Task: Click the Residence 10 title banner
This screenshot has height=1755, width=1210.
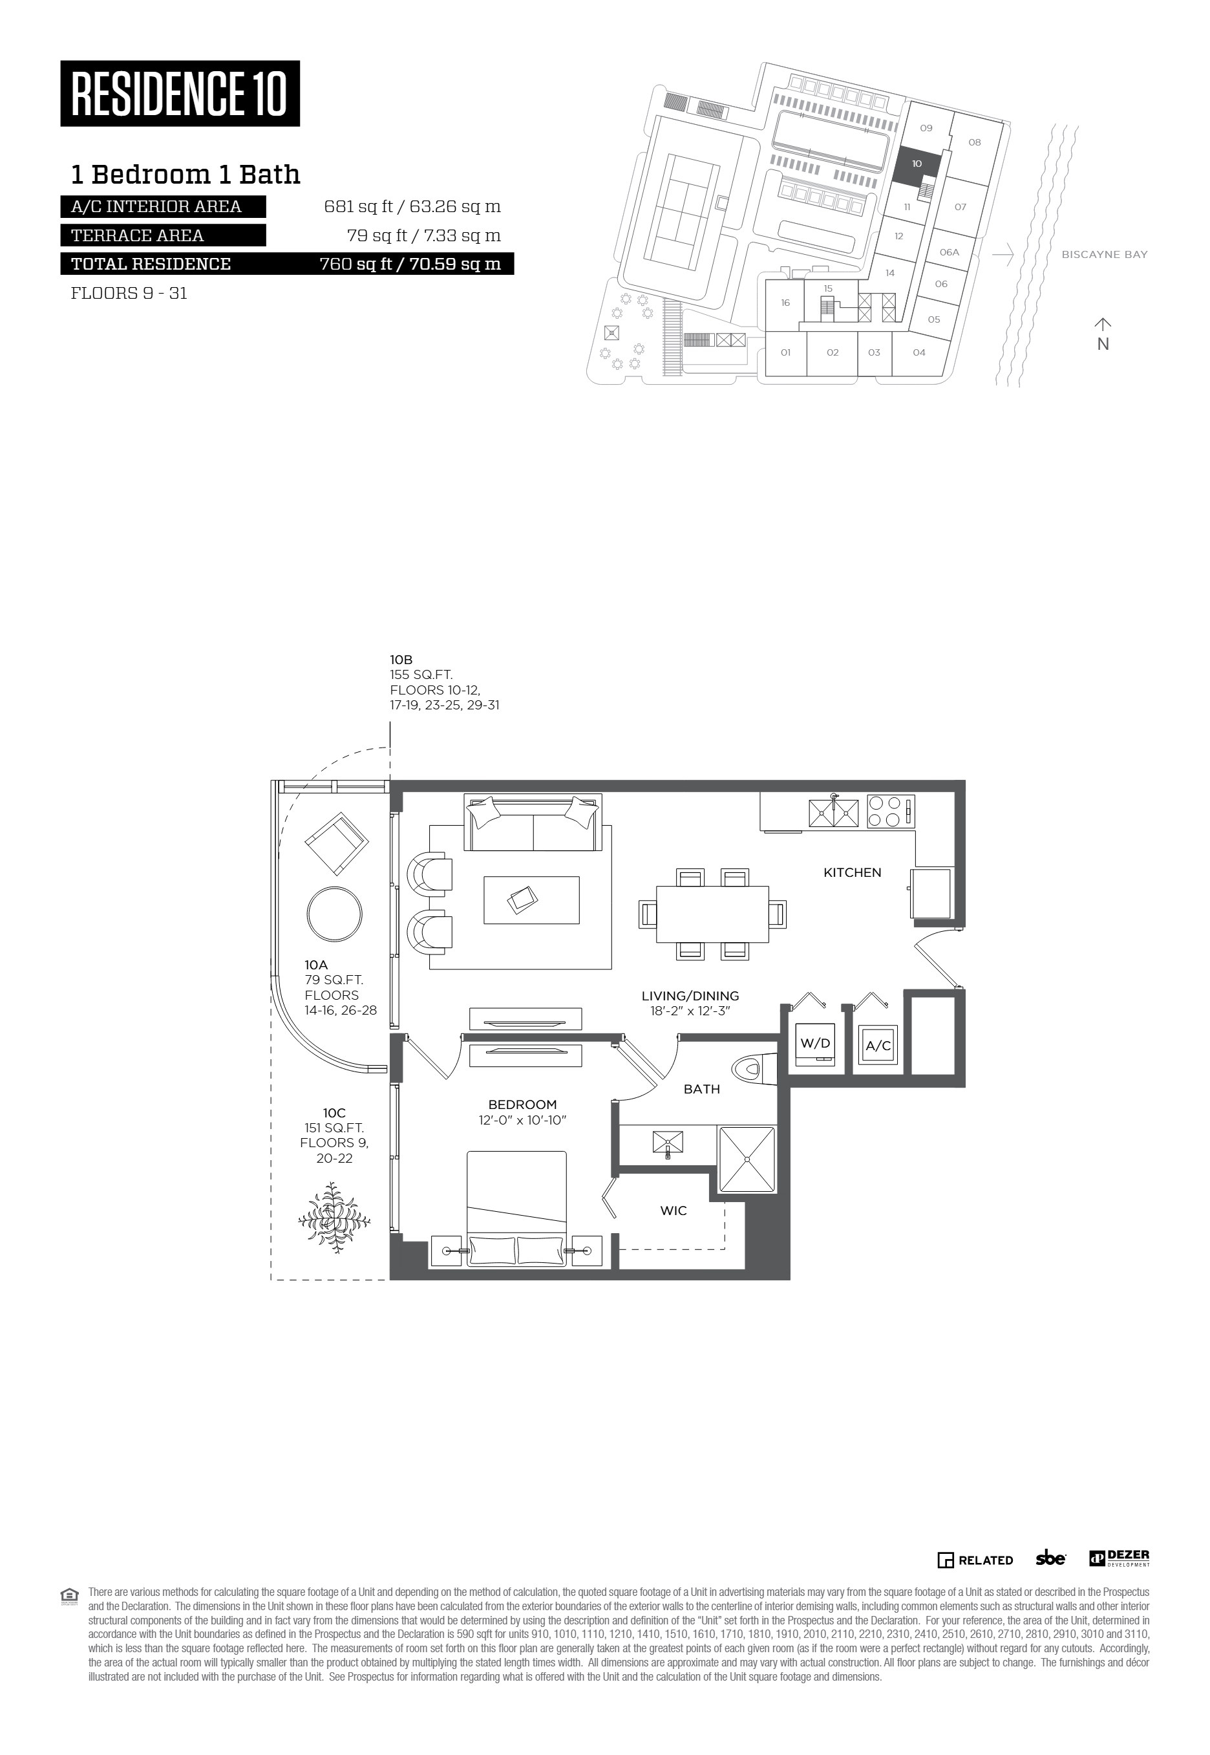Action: (x=180, y=93)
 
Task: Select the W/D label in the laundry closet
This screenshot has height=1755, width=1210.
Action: (x=815, y=1043)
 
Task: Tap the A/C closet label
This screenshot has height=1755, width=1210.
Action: (x=878, y=1046)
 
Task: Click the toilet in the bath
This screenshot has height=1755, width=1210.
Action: (x=756, y=1070)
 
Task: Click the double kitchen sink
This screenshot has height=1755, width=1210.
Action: (x=834, y=812)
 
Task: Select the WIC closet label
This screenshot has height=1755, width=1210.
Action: (x=674, y=1211)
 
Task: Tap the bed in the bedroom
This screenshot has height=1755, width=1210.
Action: (x=516, y=1208)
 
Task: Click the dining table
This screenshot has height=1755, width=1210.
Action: (x=713, y=914)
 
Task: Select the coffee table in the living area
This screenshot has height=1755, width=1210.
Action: (x=531, y=899)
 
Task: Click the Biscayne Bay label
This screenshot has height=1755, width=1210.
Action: (x=1105, y=255)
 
